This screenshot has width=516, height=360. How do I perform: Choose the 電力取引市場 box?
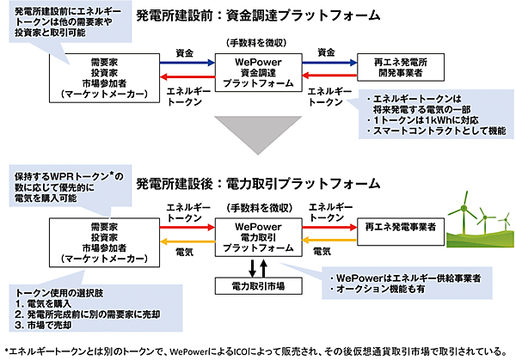point(255,284)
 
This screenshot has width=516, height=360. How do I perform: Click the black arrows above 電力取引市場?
point(255,265)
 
